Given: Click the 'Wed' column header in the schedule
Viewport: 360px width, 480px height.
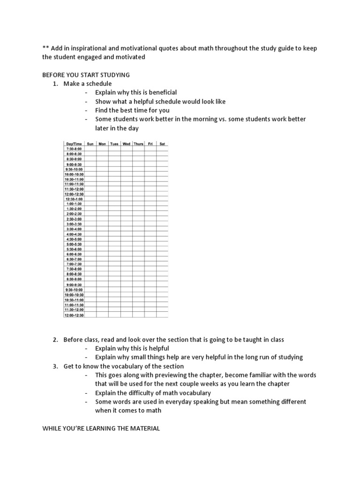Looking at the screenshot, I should click(x=127, y=143).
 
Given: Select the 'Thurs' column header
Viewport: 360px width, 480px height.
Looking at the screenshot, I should click(x=138, y=143).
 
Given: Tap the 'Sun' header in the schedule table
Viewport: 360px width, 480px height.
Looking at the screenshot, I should click(x=90, y=143).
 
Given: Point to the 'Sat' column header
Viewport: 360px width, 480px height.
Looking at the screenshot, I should click(x=162, y=143).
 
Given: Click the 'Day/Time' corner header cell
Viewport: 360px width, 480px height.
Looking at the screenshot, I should click(x=74, y=143).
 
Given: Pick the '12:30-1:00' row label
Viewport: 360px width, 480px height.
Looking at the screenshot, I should click(x=74, y=199).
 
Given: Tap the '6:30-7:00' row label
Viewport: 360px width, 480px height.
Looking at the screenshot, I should click(x=74, y=259).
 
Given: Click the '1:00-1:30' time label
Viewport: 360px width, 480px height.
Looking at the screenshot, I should click(x=74, y=204).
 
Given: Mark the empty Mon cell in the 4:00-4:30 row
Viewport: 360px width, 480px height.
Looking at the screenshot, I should click(x=102, y=234).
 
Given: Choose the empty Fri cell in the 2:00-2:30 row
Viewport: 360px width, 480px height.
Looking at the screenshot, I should click(x=150, y=214).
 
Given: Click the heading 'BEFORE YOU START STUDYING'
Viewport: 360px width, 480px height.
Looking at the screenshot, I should click(x=86, y=75).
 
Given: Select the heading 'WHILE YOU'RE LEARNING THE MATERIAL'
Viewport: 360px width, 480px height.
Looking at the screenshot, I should click(x=101, y=428).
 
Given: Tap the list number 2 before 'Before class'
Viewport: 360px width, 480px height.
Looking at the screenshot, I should click(x=55, y=339).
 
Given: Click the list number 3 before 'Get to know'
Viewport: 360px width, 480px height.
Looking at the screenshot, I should click(x=55, y=366).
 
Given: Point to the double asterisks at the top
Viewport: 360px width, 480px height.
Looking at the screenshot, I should click(x=45, y=49).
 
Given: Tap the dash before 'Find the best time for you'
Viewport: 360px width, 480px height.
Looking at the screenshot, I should click(x=87, y=110).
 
